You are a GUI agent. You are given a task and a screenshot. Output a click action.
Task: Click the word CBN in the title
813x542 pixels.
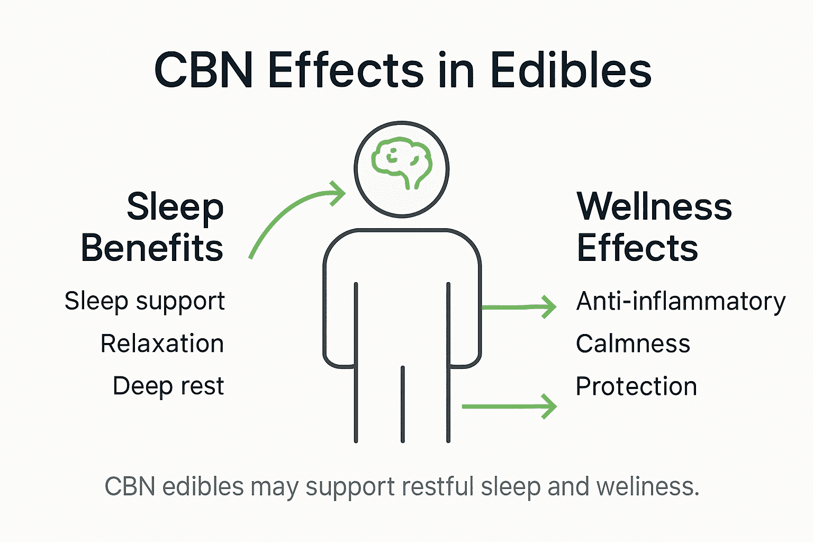click(x=203, y=70)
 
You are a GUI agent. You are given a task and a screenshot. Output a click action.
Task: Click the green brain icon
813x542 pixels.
click(x=401, y=162)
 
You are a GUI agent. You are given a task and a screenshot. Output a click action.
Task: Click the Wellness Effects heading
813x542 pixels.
click(x=654, y=227)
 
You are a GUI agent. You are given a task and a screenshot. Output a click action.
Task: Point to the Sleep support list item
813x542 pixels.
click(x=144, y=302)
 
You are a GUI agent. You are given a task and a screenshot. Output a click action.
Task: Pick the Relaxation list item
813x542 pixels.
click(x=162, y=344)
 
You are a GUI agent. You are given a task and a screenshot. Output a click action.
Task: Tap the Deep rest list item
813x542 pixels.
click(x=168, y=386)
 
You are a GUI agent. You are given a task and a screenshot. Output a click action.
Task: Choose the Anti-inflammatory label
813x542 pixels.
click(x=681, y=302)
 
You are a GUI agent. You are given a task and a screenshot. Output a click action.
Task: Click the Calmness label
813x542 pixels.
click(x=633, y=344)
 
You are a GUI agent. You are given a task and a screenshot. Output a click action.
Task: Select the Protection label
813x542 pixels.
click(x=636, y=386)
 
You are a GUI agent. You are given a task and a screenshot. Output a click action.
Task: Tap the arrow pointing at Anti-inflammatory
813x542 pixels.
click(x=519, y=306)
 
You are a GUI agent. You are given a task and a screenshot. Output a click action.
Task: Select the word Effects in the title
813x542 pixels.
click(x=346, y=70)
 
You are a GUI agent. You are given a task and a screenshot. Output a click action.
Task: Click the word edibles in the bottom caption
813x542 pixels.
click(x=203, y=486)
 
